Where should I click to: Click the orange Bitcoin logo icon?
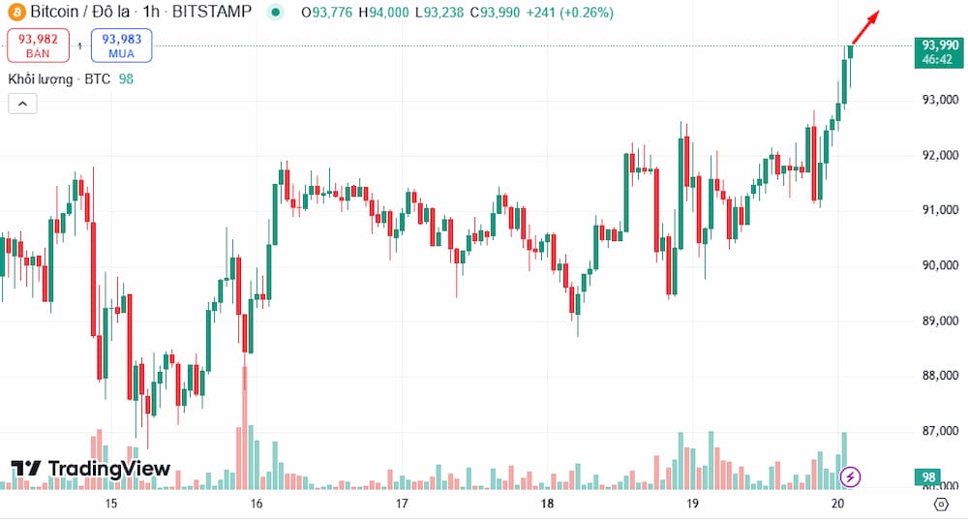[x=15, y=13]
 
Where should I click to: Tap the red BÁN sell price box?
[x=38, y=45]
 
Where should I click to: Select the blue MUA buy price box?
[x=121, y=45]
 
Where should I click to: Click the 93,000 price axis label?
[x=940, y=100]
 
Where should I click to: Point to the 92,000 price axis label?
[x=940, y=155]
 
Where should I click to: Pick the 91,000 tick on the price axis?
[x=940, y=210]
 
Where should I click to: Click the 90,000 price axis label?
[x=940, y=265]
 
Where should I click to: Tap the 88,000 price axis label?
[x=940, y=376]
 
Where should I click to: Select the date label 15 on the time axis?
[x=111, y=504]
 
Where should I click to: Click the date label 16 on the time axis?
[x=257, y=504]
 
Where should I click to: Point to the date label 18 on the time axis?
[x=547, y=504]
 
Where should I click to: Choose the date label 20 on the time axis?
[x=838, y=504]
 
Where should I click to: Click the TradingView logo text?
[x=92, y=470]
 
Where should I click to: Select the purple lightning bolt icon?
[x=850, y=475]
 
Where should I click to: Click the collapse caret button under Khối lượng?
[x=22, y=104]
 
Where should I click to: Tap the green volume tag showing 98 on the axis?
[x=928, y=476]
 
